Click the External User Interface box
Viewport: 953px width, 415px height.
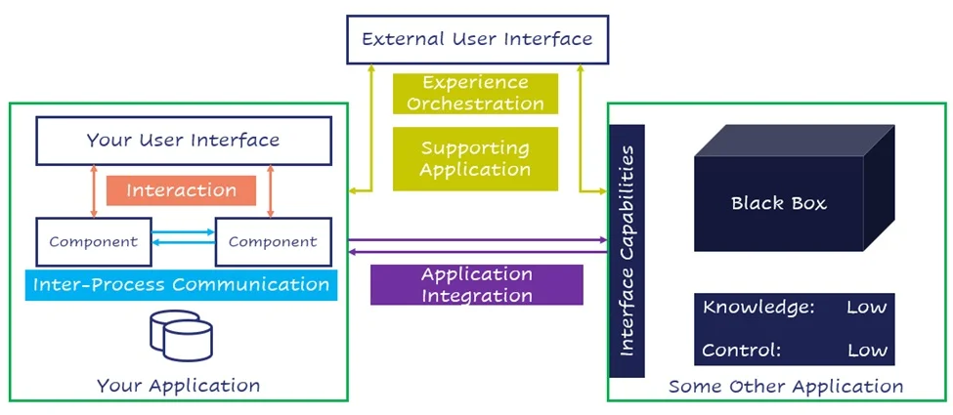[477, 39]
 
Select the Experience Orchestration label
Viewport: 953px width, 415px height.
[476, 93]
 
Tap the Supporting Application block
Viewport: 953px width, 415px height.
[476, 158]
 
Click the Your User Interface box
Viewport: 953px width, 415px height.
[183, 140]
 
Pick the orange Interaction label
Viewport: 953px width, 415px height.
[181, 190]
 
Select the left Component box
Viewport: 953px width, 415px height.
[94, 241]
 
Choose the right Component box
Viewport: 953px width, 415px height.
[273, 241]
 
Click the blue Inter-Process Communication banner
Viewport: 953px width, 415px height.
[181, 285]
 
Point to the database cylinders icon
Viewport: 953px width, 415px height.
[181, 335]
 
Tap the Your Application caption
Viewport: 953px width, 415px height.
[178, 386]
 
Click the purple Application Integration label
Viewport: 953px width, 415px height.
[477, 284]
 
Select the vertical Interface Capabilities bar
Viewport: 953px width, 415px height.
[627, 251]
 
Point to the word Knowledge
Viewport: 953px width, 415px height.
[758, 308]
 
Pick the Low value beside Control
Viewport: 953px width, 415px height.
[867, 350]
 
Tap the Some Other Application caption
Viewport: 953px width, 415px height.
[786, 387]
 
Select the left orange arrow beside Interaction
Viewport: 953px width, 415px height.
[94, 190]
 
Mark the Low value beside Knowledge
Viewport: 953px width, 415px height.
[867, 308]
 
